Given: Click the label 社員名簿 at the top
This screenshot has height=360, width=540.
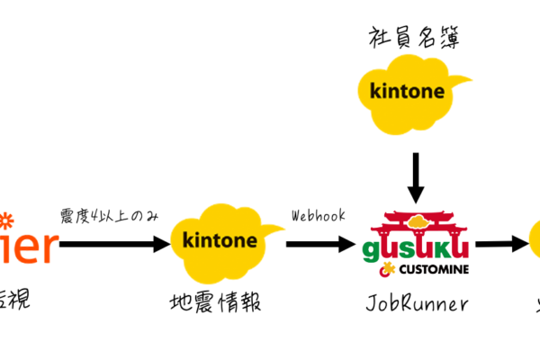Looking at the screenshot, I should pyautogui.click(x=415, y=38).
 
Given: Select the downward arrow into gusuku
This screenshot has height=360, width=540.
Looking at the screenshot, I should pyautogui.click(x=415, y=177).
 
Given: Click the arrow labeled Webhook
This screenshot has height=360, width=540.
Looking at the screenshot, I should pyautogui.click(x=319, y=243).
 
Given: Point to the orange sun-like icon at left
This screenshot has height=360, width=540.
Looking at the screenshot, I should pyautogui.click(x=6, y=219).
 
